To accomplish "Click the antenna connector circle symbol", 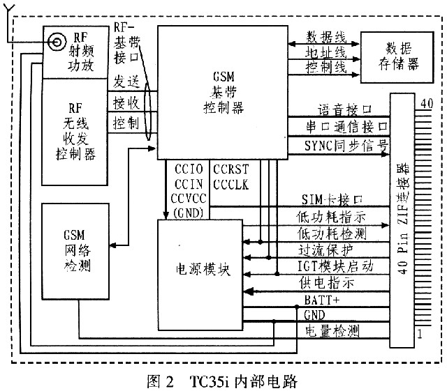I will pos(53,43).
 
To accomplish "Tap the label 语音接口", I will pos(342,110).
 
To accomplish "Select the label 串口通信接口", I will pos(339,128).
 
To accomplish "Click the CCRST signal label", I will pos(228,169).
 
